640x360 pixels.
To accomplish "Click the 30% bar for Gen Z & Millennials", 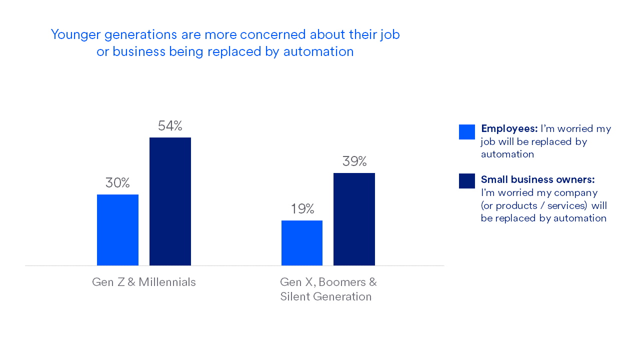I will (117, 230).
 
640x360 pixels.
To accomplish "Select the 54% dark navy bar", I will (170, 201).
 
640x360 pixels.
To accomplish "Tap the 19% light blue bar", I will (302, 243).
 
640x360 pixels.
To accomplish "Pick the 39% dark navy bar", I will (354, 219).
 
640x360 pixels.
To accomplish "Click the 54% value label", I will (170, 126).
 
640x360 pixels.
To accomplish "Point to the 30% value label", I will (117, 183).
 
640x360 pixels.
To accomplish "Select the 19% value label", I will (302, 209).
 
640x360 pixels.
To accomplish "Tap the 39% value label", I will (354, 161).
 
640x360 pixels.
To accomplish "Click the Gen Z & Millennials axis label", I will (144, 282).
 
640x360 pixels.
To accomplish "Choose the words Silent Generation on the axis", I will (326, 296).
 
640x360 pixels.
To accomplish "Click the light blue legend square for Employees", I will (467, 132).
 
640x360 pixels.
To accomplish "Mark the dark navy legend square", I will (467, 181).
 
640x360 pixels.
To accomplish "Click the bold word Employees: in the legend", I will (509, 128).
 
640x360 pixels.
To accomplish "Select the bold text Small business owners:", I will (537, 179).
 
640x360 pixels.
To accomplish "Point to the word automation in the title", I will (318, 51).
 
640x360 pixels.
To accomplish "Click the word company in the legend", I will (578, 192).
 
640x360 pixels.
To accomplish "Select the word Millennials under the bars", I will (167, 282).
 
